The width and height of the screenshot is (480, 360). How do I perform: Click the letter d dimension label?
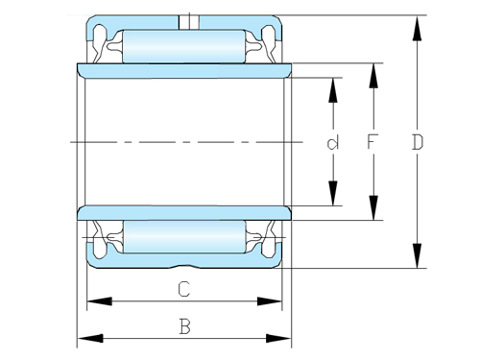point(333,144)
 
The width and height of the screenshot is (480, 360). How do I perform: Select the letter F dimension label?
point(373,143)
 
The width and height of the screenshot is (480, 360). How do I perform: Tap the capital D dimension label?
point(417,143)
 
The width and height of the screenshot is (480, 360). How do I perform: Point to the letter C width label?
point(183,289)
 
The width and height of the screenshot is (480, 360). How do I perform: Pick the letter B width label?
point(183,326)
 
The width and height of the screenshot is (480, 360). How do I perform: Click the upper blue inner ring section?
point(183,70)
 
